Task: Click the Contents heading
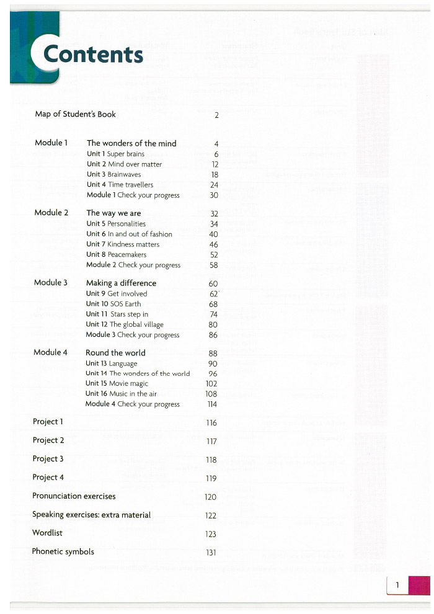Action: click(93, 55)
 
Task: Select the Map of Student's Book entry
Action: click(75, 114)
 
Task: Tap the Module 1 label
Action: click(51, 143)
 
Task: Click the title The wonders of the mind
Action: click(131, 143)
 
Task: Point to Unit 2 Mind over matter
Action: click(124, 164)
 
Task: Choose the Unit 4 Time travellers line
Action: click(120, 185)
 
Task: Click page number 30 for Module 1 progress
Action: click(214, 195)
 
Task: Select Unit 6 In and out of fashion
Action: click(129, 234)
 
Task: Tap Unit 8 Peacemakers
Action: click(116, 254)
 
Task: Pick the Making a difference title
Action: click(121, 283)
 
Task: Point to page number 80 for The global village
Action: click(213, 324)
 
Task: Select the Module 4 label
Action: click(50, 352)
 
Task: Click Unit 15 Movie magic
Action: click(117, 383)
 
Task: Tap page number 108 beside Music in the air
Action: click(211, 394)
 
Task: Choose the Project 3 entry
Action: click(48, 459)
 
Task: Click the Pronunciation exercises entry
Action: click(74, 496)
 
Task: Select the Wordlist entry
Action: click(47, 533)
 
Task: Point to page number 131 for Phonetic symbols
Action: click(211, 553)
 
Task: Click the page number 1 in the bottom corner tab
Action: click(397, 585)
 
